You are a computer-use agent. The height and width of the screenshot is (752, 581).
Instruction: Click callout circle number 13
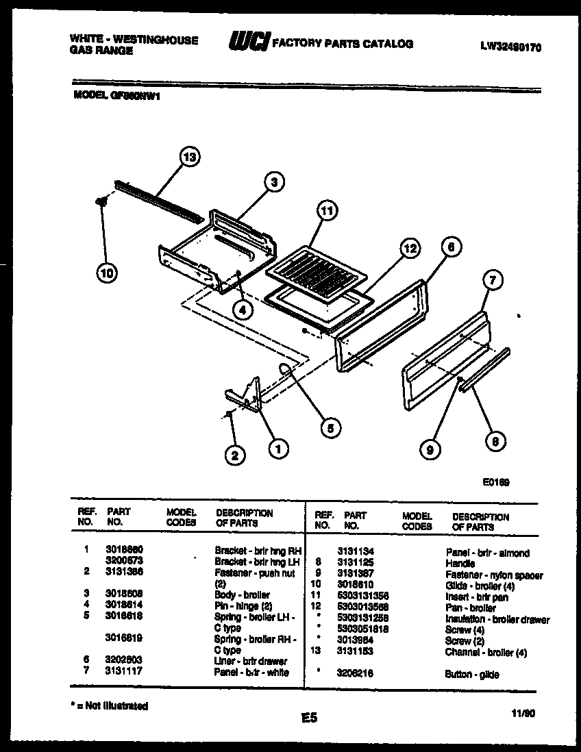pos(190,158)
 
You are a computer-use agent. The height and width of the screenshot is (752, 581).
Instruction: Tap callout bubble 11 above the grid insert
pos(327,212)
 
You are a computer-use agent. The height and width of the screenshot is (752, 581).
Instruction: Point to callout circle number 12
pos(409,249)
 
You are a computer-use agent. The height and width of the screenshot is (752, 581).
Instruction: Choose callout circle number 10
pos(106,273)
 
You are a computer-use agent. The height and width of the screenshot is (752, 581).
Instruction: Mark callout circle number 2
pos(235,454)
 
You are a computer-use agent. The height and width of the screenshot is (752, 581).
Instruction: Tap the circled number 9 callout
pos(430,449)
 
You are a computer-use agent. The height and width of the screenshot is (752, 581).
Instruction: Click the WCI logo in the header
pos(249,42)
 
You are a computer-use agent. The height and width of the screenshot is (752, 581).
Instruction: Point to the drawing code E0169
pos(495,482)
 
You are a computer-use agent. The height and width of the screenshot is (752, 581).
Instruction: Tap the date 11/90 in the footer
pos(523,713)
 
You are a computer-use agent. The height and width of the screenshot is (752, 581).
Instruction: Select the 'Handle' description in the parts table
pos(460,564)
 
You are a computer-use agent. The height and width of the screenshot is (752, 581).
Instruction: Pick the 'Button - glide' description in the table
pos(471,675)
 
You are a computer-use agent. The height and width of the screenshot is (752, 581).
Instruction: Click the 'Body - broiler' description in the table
pos(242,595)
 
